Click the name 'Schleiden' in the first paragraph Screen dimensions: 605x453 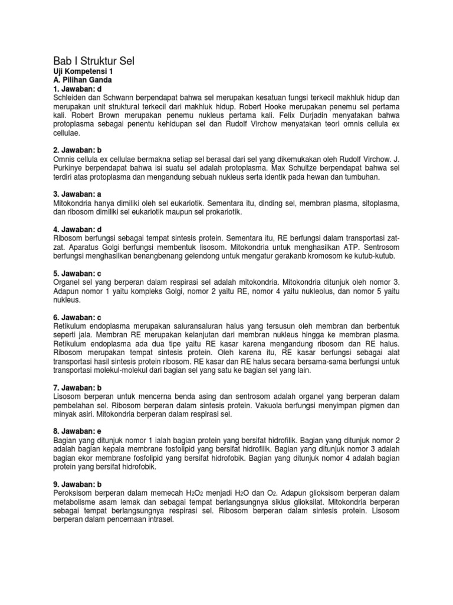[x=70, y=97]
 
